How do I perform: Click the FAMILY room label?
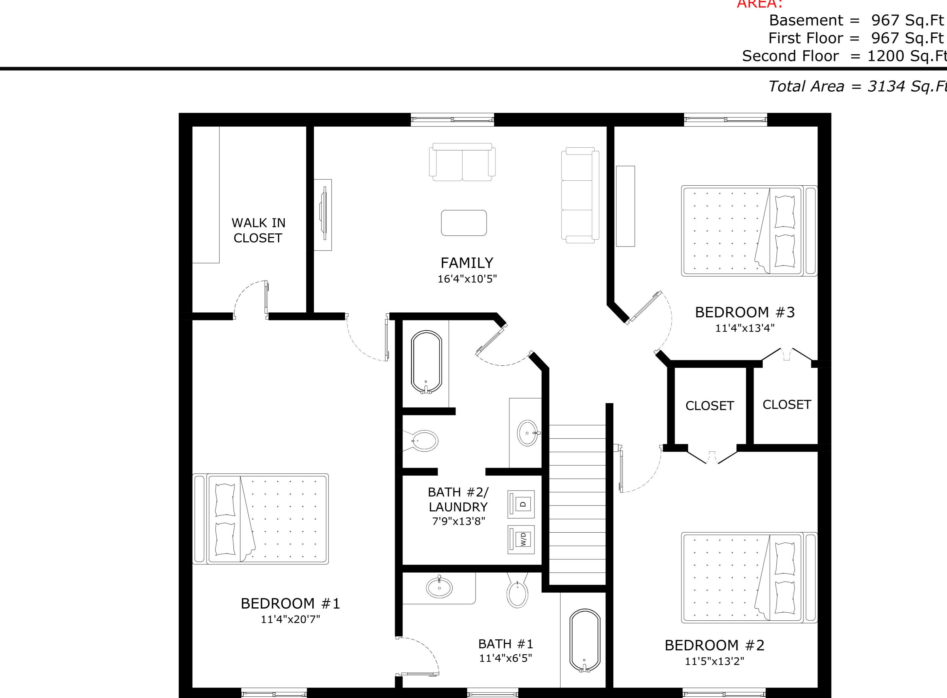[x=467, y=263]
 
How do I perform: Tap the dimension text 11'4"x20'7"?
[x=290, y=619]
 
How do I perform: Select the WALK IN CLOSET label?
[x=258, y=230]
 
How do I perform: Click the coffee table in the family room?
[x=464, y=223]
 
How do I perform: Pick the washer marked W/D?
[x=521, y=539]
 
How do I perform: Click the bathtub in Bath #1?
[x=585, y=640]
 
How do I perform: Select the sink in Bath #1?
[x=439, y=587]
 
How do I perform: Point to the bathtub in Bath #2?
[x=426, y=362]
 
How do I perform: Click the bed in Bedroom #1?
[x=261, y=519]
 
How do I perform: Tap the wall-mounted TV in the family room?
[x=323, y=215]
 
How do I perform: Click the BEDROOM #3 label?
[x=745, y=313]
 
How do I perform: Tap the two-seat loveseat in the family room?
[x=462, y=163]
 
